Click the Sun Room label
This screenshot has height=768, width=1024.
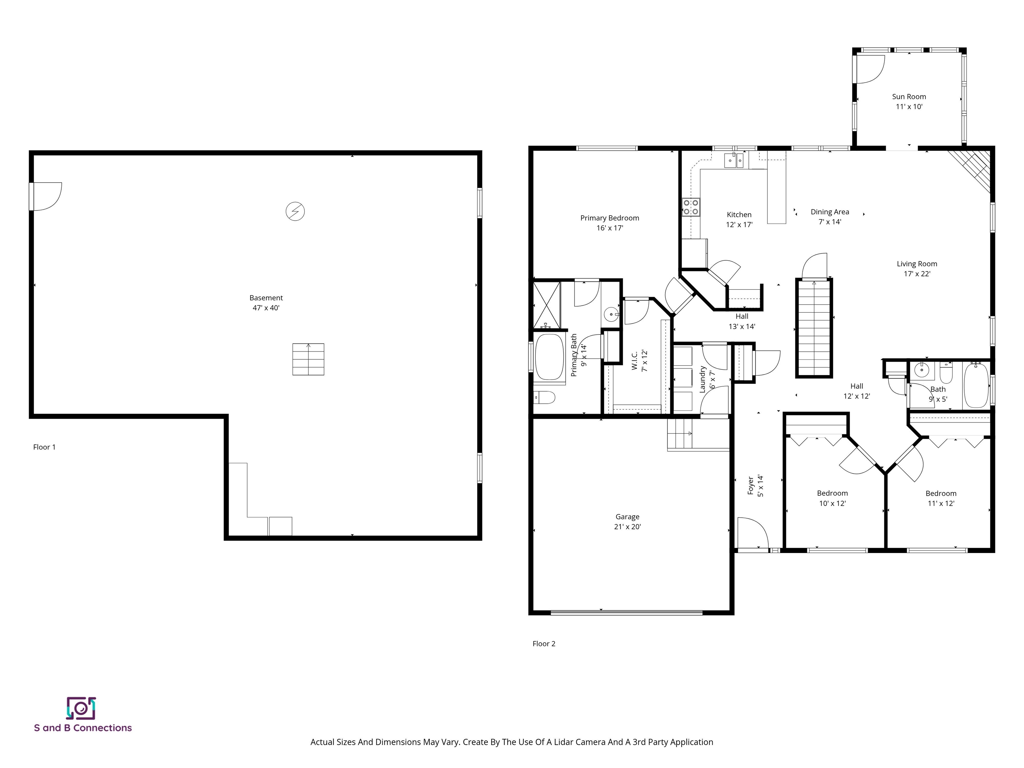[x=909, y=97]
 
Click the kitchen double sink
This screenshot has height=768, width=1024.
[x=734, y=161]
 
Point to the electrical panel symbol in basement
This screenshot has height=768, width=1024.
[x=295, y=211]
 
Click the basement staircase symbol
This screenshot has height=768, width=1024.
[x=308, y=359]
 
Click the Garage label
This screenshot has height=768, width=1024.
[x=627, y=517]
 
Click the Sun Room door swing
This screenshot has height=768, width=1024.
[x=869, y=69]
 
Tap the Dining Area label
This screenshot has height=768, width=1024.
[x=830, y=212]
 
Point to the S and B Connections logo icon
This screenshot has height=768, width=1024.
[x=81, y=708]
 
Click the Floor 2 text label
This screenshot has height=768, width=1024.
[x=544, y=643]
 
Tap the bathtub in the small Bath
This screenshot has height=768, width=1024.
[x=976, y=385]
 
